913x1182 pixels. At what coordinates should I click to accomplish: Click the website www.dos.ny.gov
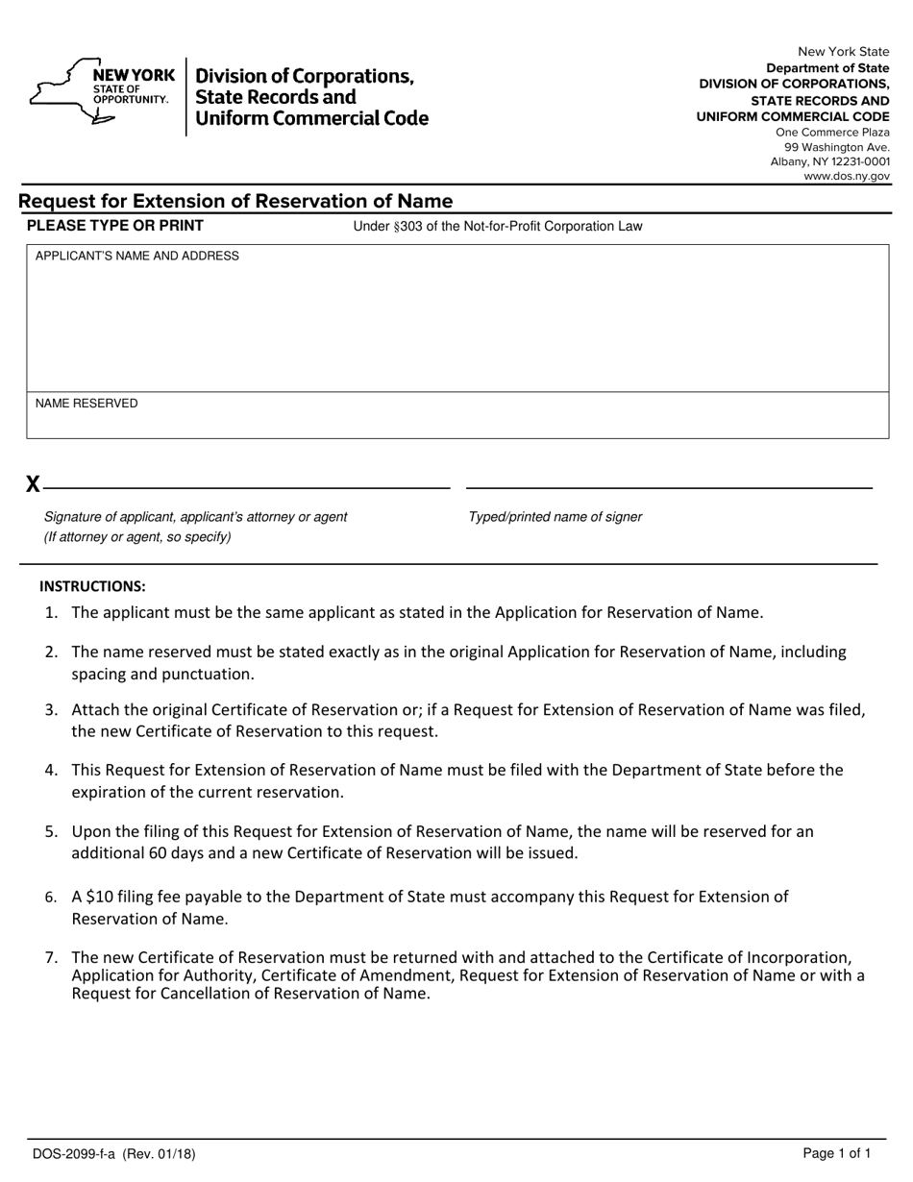(x=847, y=176)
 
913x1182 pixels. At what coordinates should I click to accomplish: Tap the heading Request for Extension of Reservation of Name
(x=235, y=201)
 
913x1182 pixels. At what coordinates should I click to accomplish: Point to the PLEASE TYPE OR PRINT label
(x=115, y=226)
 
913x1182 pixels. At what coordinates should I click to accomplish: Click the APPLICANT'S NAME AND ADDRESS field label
(x=137, y=257)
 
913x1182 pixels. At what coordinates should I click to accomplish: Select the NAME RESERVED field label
(x=86, y=404)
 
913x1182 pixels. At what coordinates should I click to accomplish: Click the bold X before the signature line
(x=33, y=484)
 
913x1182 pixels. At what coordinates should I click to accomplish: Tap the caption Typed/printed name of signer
(x=555, y=517)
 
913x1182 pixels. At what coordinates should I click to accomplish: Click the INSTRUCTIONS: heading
(x=92, y=586)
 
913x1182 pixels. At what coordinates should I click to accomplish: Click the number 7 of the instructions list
(x=51, y=957)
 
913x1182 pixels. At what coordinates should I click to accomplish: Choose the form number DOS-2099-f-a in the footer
(x=73, y=1154)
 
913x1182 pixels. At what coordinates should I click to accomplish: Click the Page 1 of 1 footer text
(x=837, y=1154)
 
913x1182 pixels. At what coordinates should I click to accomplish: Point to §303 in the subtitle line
(x=402, y=227)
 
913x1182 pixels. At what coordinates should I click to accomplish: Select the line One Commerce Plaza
(x=832, y=133)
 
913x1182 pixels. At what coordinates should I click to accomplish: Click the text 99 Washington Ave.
(x=837, y=147)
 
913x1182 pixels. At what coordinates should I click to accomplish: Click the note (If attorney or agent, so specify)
(x=137, y=537)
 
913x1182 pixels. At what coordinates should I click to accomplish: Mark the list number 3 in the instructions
(x=51, y=710)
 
